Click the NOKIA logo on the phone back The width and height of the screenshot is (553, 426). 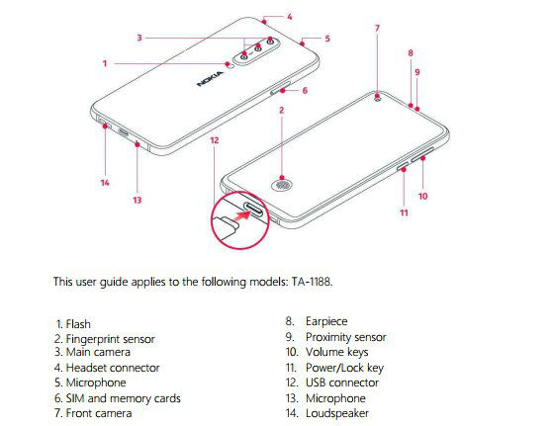click(210, 79)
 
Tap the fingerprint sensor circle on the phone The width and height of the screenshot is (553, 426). click(281, 186)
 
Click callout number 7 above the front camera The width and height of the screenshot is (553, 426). click(377, 28)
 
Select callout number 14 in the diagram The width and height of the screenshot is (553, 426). click(105, 183)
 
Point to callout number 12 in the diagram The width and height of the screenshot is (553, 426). click(215, 140)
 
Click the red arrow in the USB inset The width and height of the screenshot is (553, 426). click(243, 215)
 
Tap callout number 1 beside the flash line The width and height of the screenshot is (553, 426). click(105, 63)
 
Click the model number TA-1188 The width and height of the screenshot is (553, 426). click(312, 282)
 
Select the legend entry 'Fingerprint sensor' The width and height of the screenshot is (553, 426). click(111, 339)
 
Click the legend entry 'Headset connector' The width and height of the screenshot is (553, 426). click(113, 368)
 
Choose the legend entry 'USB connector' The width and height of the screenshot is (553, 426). click(342, 383)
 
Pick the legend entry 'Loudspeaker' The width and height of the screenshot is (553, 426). click(337, 413)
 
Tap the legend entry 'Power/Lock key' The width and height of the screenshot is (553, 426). click(344, 368)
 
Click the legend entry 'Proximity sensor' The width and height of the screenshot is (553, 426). click(346, 337)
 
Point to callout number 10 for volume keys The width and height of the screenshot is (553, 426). click(422, 196)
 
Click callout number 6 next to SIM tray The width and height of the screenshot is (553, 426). click(305, 91)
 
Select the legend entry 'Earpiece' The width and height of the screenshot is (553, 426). click(326, 321)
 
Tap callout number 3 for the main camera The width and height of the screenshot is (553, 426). click(139, 38)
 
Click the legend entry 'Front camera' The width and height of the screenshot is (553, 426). click(99, 413)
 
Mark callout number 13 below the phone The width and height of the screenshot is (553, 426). click(138, 200)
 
